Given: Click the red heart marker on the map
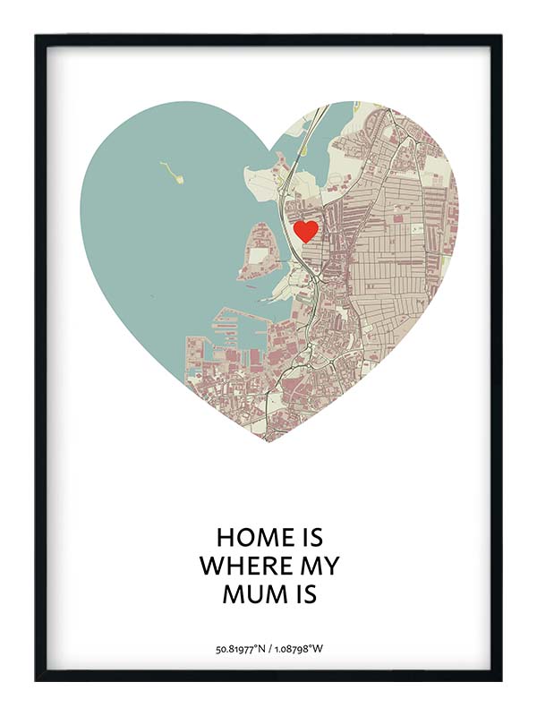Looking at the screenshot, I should click(306, 231).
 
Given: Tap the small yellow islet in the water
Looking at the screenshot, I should click(172, 172).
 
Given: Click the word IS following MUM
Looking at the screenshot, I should click(306, 593).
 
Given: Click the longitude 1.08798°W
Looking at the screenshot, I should click(297, 648).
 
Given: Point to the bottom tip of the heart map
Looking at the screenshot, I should click(268, 440).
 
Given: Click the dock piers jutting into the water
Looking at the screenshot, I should click(228, 331).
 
